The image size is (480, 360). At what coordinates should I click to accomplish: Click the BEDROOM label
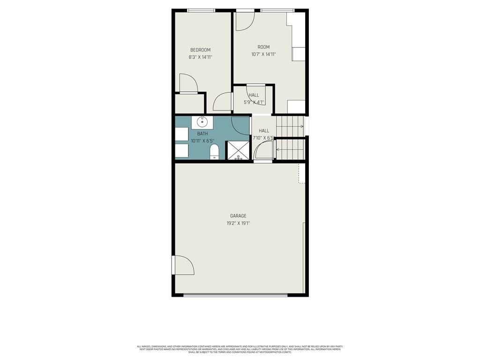[200, 50]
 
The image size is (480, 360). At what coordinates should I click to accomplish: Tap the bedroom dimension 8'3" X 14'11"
[200, 57]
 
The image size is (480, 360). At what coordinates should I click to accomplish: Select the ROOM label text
[263, 47]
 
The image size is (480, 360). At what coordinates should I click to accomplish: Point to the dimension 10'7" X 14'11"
[263, 54]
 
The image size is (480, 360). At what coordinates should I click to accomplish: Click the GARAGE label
[238, 216]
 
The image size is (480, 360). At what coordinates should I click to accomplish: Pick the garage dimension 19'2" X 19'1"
[238, 224]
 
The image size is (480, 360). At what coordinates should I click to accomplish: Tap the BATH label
[202, 134]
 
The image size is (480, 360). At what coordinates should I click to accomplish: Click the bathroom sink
[202, 122]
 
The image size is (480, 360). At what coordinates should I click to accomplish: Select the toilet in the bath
[214, 151]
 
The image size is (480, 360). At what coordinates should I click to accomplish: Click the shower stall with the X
[238, 150]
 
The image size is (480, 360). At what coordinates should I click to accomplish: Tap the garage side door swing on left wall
[184, 265]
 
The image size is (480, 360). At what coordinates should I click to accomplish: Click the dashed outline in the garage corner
[302, 173]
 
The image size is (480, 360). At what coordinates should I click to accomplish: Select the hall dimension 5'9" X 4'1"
[254, 102]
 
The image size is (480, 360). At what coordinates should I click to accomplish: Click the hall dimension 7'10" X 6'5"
[263, 138]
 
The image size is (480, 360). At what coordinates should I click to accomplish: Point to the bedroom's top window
[201, 10]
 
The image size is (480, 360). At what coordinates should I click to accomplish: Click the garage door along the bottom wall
[235, 295]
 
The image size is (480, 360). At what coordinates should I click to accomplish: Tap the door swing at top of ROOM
[244, 21]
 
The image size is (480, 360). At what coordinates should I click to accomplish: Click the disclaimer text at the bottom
[240, 349]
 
